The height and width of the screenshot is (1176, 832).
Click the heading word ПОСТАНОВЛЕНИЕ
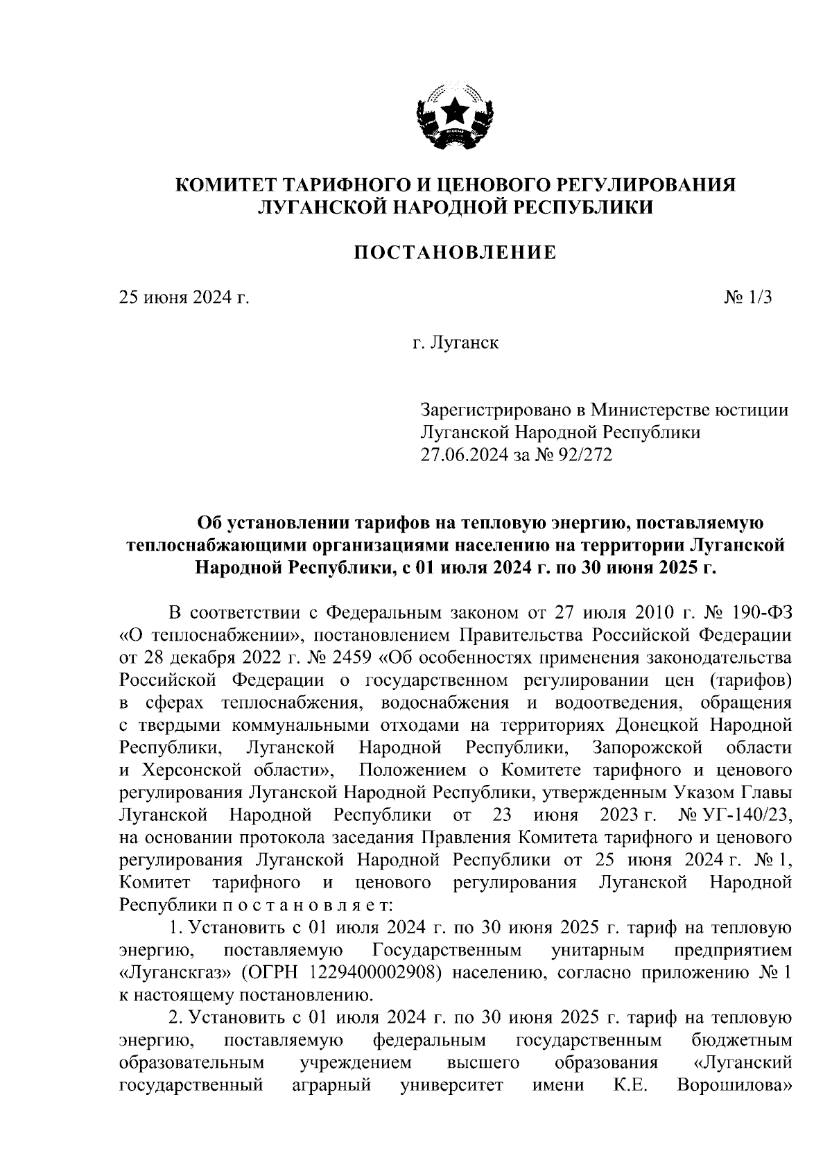pos(455,253)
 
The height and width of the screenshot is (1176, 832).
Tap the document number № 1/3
pos(748,298)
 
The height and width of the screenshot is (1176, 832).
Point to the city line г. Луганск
pos(455,343)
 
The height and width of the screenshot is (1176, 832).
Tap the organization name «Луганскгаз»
pos(177,973)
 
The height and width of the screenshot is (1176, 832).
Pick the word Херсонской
pos(182,770)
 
